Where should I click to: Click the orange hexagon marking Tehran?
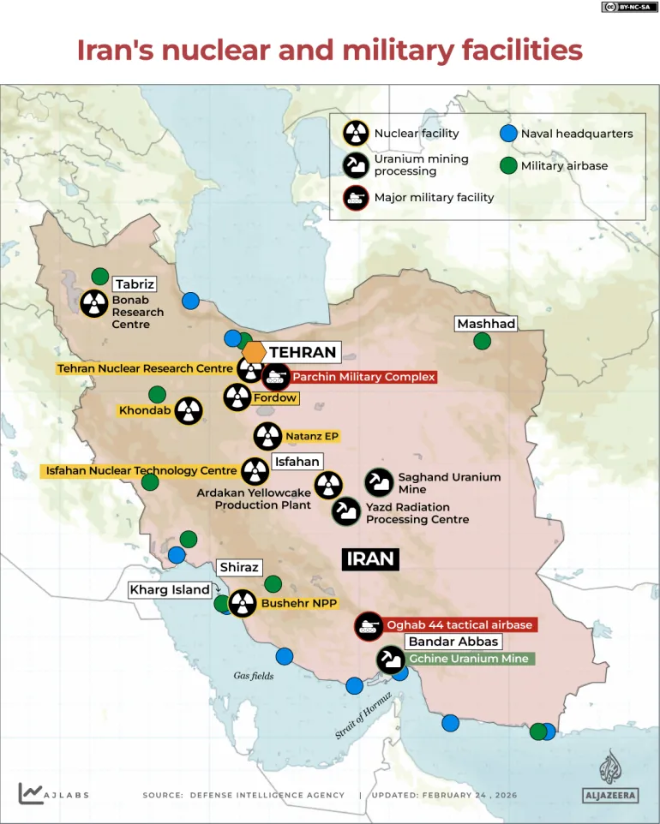254,352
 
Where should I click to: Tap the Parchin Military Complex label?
363,377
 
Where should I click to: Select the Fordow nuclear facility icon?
237,397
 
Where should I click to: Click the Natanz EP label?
312,437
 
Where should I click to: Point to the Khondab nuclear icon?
189,411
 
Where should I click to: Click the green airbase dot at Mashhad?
483,341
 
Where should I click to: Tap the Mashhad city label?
486,324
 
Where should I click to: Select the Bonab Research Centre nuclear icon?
94,303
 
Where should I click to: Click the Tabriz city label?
135,284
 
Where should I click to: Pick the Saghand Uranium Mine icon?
379,483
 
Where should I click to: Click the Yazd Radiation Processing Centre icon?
346,511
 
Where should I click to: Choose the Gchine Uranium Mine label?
468,659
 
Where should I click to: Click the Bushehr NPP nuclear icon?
243,604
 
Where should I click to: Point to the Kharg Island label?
170,590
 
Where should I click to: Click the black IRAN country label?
370,559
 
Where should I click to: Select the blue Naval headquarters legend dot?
508,134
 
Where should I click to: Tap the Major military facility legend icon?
355,198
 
